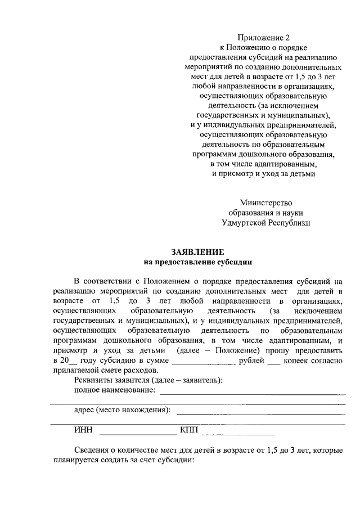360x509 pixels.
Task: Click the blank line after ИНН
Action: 138,433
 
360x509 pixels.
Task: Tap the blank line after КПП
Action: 238,433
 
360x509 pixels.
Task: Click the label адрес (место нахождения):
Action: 122,410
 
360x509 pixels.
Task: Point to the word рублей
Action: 251,360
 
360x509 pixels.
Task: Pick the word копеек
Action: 298,360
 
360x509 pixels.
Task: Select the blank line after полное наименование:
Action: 253,393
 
